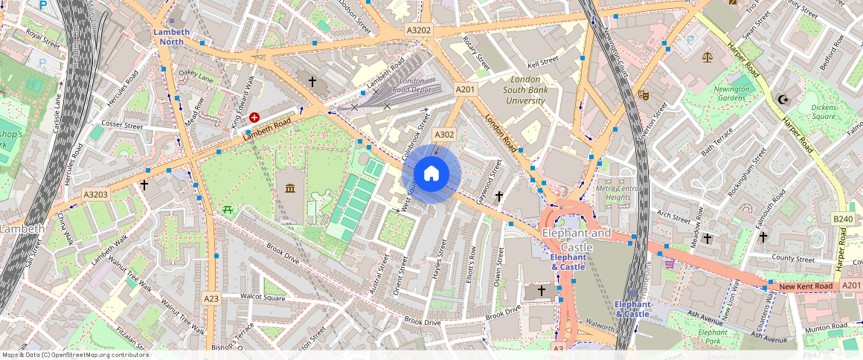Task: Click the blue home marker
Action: (x=431, y=174)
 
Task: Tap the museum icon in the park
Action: (x=290, y=187)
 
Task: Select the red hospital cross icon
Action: (x=255, y=118)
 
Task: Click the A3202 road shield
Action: (x=419, y=30)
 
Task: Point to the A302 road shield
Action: (x=444, y=135)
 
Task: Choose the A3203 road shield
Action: (x=95, y=194)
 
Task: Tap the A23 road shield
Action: (x=211, y=298)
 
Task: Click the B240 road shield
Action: (x=842, y=219)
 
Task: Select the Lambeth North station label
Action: (x=172, y=36)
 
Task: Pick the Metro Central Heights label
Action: (x=618, y=193)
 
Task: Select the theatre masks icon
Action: (x=643, y=95)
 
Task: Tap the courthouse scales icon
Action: (x=707, y=57)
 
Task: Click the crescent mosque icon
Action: (x=781, y=99)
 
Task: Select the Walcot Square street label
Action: (x=252, y=297)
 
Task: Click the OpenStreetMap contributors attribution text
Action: (x=74, y=355)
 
